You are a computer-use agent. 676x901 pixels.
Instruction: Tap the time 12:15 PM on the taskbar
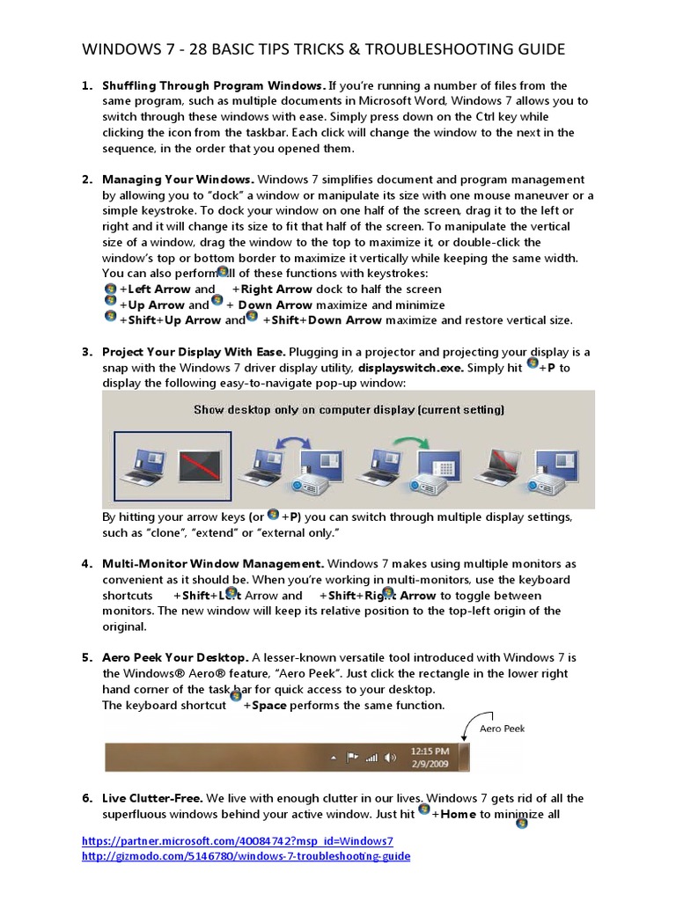click(x=430, y=751)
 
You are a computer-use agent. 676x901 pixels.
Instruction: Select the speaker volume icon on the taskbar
click(x=392, y=758)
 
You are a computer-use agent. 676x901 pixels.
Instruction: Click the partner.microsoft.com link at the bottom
click(x=237, y=840)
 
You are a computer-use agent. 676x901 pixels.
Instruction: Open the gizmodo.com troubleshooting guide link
click(x=246, y=856)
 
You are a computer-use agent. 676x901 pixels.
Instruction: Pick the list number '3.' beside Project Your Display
click(x=87, y=352)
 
